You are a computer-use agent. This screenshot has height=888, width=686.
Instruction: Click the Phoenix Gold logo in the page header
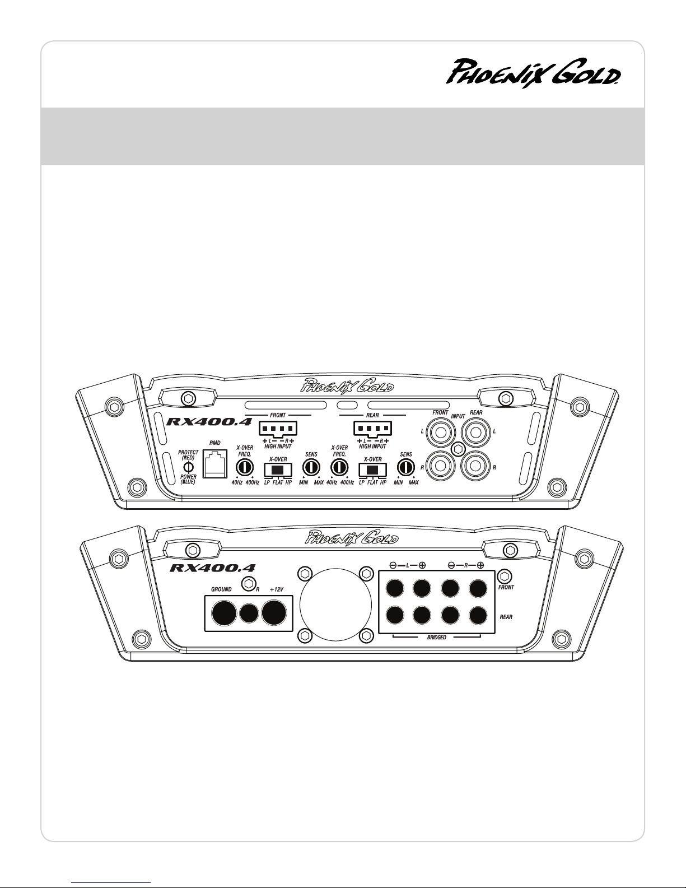pos(533,72)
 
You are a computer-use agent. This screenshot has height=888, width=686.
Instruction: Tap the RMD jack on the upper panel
pos(215,463)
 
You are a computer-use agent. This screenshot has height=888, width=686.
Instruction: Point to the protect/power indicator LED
pos(188,467)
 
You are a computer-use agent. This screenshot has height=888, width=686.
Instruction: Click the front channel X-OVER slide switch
pos(278,469)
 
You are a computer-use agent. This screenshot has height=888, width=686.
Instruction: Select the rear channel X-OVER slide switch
pos(372,469)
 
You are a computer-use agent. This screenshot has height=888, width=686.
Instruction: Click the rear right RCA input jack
pos(475,466)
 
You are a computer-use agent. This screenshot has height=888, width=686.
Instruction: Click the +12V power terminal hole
pos(274,612)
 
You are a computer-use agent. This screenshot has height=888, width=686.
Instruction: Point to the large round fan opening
pos(335,605)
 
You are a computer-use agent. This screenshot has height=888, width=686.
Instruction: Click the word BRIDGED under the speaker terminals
pos(436,637)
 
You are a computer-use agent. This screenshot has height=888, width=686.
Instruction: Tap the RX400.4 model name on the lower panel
pos(212,568)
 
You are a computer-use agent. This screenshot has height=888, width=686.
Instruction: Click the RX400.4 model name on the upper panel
pos(209,422)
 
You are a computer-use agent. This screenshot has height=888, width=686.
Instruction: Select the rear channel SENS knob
pos(405,468)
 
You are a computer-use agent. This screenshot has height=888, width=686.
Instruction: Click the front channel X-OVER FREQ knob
pos(245,467)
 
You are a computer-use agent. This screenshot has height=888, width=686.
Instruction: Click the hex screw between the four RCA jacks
pos(458,449)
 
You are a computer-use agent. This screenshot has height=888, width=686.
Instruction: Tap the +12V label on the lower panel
pos(277,589)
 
